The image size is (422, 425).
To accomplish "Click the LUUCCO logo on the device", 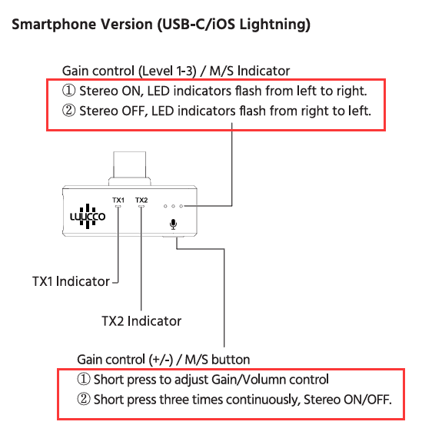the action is coord(88,216).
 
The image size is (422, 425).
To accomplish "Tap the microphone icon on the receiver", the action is coord(173,224).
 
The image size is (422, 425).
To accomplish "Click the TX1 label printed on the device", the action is coord(118,200).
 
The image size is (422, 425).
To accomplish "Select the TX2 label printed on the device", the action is coord(141,200).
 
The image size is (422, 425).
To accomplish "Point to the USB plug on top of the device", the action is coord(130,168).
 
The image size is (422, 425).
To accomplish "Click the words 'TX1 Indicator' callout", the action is coord(71,281).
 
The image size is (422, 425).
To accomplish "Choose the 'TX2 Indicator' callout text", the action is coord(141,321).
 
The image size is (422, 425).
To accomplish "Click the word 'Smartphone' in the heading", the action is coord(54,25).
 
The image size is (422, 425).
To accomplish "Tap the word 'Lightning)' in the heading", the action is coord(275,25).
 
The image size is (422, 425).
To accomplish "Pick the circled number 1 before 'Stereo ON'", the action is coord(69,91).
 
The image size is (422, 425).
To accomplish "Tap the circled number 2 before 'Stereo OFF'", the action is coord(69,111).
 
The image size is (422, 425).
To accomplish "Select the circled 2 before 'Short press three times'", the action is coord(84,399).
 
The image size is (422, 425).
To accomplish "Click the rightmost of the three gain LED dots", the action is coord(181,206).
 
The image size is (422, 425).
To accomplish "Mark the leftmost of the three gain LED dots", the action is coord(165,206).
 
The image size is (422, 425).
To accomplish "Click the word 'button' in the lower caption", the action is coord(231,360).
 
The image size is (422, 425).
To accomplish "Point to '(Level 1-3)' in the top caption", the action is coord(168,71).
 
